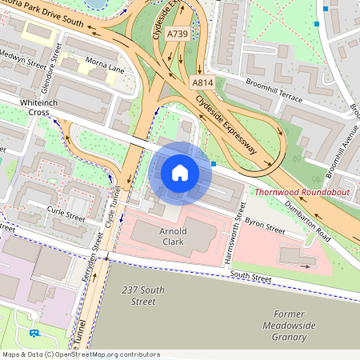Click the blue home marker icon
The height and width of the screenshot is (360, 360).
tap(180, 173)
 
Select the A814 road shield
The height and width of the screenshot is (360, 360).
tap(202, 83)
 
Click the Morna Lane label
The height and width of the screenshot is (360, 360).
tap(106, 70)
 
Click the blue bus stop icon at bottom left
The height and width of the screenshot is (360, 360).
tap(34, 333)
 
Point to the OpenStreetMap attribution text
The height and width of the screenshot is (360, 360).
tap(80, 354)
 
